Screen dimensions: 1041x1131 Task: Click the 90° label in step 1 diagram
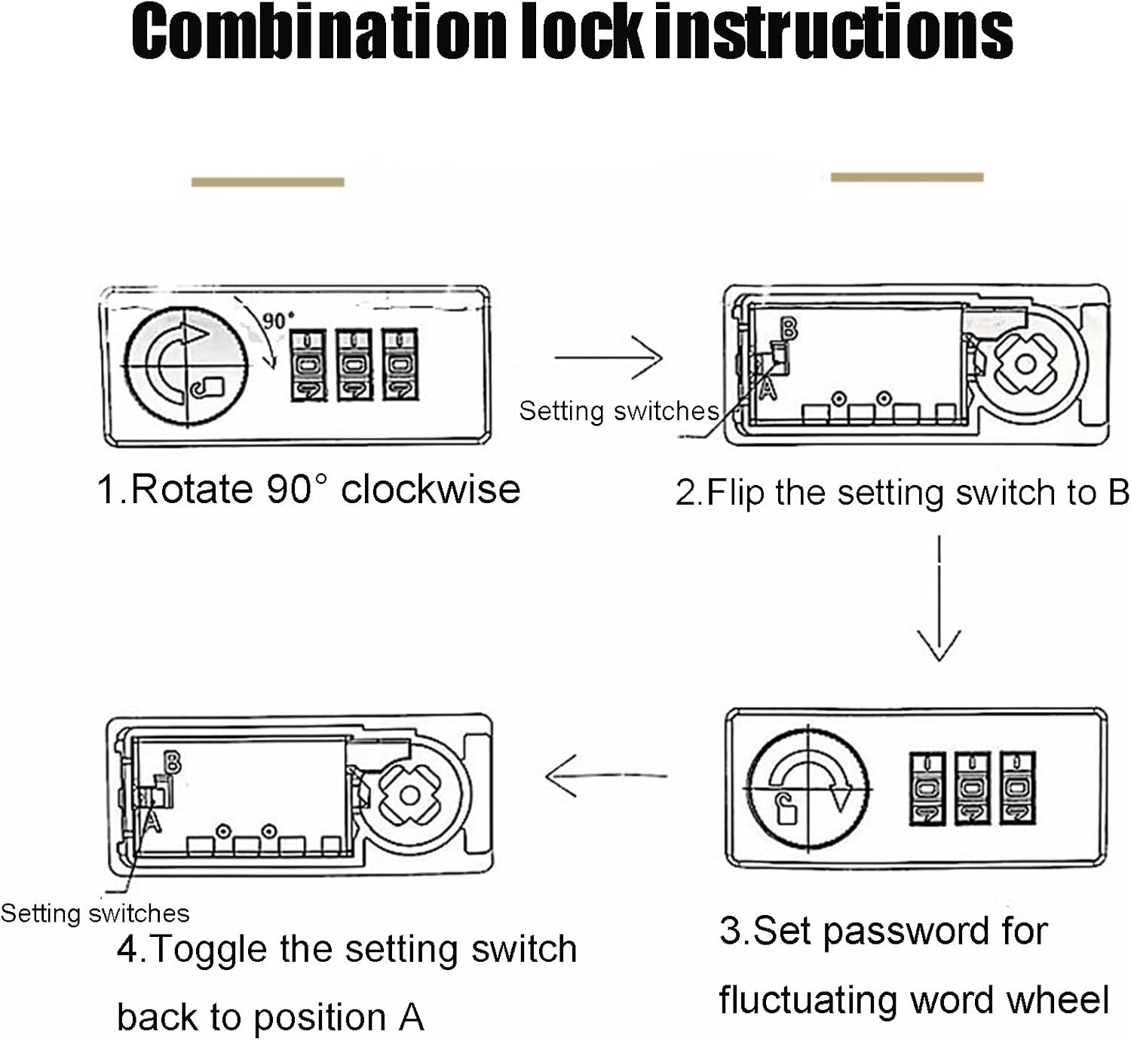[278, 320]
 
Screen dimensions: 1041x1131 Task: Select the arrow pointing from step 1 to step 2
[608, 358]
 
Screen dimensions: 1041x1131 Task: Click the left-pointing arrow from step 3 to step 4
[605, 775]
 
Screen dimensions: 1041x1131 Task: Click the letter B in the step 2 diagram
[788, 329]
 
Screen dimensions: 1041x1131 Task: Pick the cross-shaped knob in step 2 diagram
[1025, 364]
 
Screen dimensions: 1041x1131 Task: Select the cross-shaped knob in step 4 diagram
[409, 795]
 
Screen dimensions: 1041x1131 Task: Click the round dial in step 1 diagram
[185, 368]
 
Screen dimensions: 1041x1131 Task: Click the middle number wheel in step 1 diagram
[354, 365]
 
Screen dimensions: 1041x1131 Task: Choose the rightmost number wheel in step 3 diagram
[1017, 788]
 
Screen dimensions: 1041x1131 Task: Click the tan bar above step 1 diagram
[268, 182]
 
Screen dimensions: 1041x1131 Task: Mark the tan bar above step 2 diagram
[907, 177]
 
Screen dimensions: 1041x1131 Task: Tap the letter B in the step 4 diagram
[173, 763]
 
